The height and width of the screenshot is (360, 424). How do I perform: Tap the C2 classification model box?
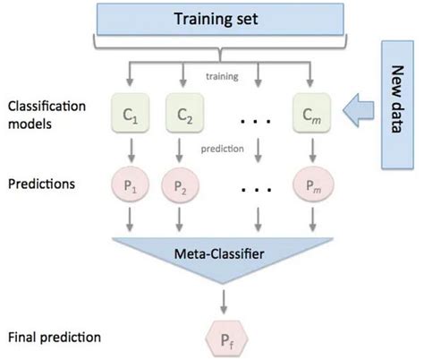click(x=184, y=116)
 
